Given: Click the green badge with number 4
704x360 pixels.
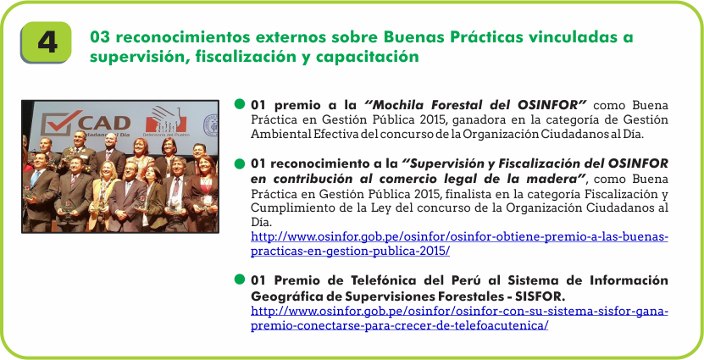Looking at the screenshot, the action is coord(46,42).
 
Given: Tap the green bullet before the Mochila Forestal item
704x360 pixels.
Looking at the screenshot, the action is coord(240,104).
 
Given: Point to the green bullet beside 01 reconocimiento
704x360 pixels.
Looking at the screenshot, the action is coord(240,163).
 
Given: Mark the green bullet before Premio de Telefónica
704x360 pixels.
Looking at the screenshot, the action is coord(240,280).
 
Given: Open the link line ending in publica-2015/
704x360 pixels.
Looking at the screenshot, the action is coord(350,252).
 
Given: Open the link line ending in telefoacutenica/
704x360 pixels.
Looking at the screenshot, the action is coord(399,325).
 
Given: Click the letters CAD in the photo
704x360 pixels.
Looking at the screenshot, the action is coord(105,123).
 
